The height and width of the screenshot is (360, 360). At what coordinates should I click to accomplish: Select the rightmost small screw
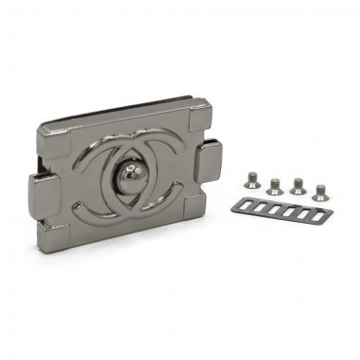320,192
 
